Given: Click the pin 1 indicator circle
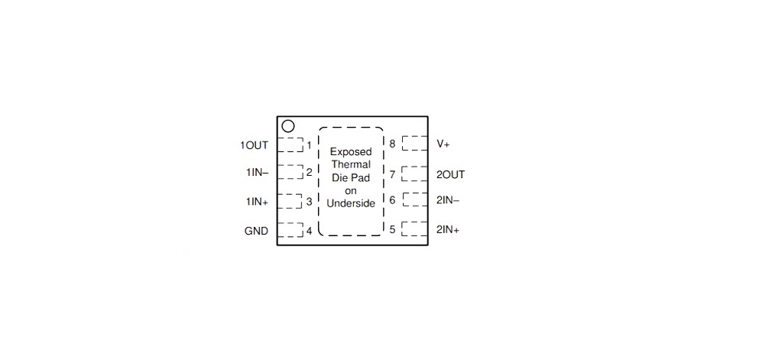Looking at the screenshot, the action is pyautogui.click(x=288, y=126).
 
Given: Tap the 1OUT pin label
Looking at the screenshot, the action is pyautogui.click(x=254, y=145).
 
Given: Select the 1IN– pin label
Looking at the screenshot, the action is pyautogui.click(x=257, y=172).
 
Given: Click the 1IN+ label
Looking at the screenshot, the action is pyautogui.click(x=257, y=202).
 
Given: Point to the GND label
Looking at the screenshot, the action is pyautogui.click(x=256, y=232).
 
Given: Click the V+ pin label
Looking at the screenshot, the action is pyautogui.click(x=443, y=144).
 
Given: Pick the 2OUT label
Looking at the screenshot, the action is pyautogui.click(x=451, y=175).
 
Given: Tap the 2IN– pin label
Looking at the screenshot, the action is pyautogui.click(x=448, y=199).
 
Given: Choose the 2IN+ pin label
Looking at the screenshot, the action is pyautogui.click(x=448, y=229).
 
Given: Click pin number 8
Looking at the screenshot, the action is pyautogui.click(x=392, y=144).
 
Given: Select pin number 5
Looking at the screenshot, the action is pyautogui.click(x=392, y=229).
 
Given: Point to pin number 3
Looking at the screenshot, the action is pyautogui.click(x=310, y=202).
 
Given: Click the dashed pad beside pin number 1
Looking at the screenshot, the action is pyautogui.click(x=290, y=144).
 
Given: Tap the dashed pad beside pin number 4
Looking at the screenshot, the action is pyautogui.click(x=290, y=230).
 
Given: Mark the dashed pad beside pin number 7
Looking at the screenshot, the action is pyautogui.click(x=415, y=174).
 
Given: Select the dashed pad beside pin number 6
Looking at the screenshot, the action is pyautogui.click(x=415, y=199).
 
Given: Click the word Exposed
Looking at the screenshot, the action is pyautogui.click(x=351, y=152).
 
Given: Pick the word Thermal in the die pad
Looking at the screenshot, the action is pyautogui.click(x=351, y=164).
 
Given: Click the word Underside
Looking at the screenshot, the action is pyautogui.click(x=351, y=204).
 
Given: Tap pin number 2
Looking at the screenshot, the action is pyautogui.click(x=310, y=172).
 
